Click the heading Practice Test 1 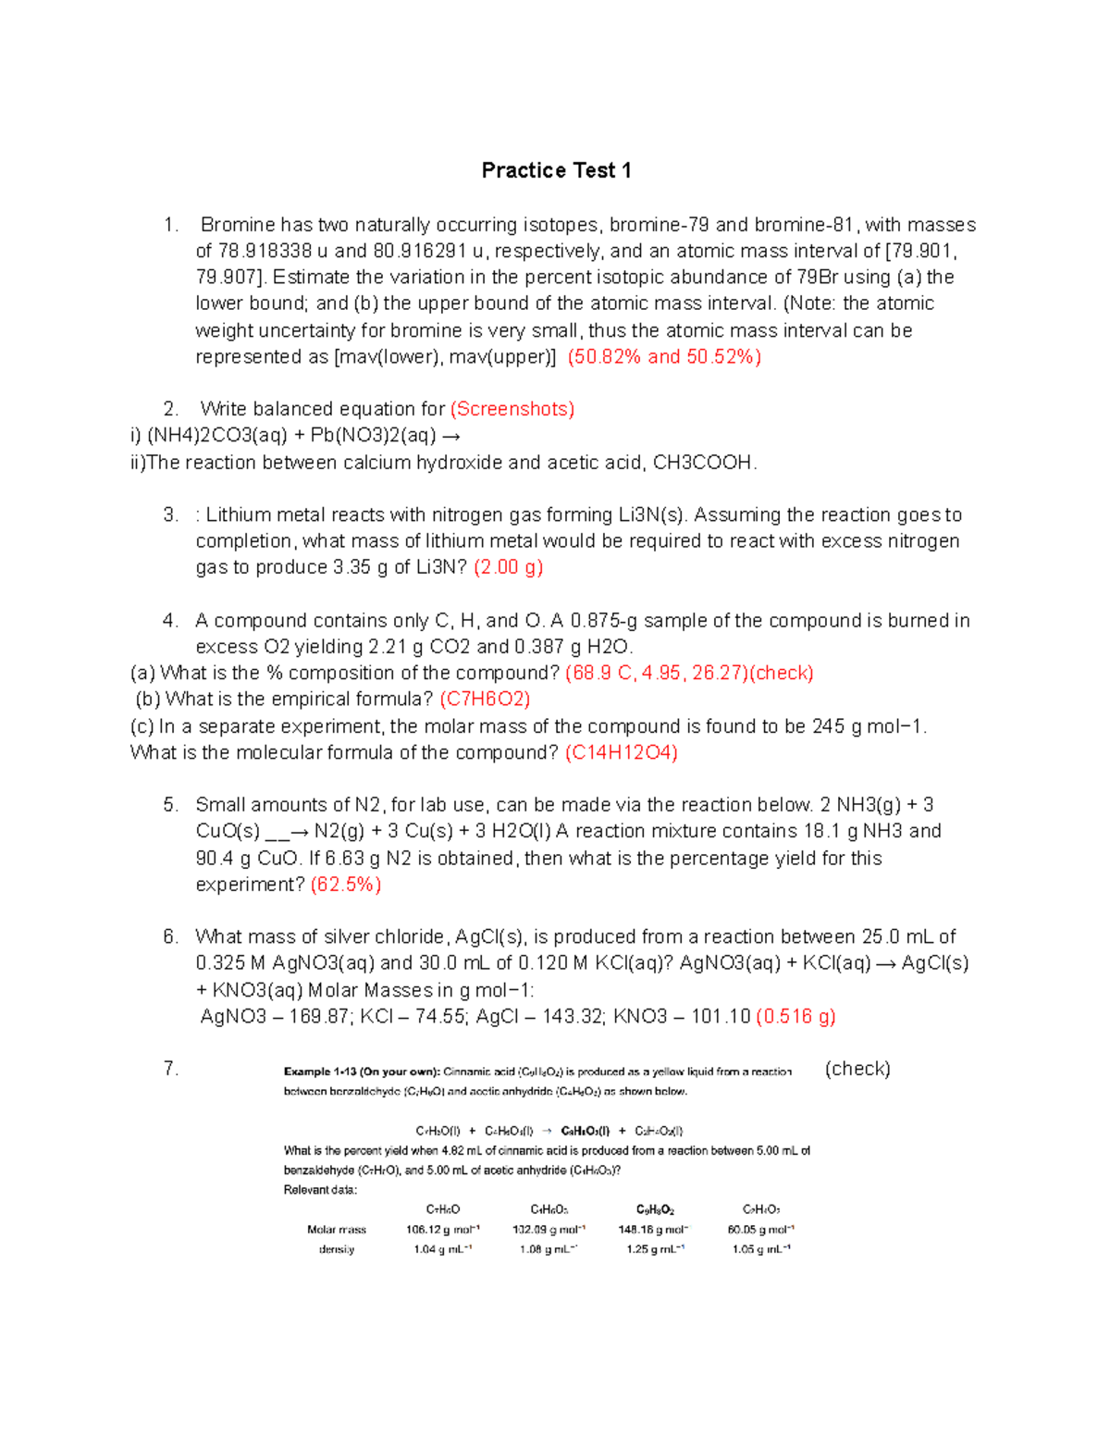pos(556,170)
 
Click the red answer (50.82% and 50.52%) pos(664,357)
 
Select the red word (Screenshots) pos(512,409)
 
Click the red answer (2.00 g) pos(508,567)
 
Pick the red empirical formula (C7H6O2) pos(485,700)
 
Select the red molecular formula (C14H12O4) pos(622,753)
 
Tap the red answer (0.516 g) pos(795,1017)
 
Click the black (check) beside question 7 pos(857,1069)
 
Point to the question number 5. pos(170,805)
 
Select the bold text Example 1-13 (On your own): pos(361,1072)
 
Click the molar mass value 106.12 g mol pos(442,1230)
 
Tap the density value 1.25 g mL pos(655,1249)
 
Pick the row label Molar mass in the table pos(337,1230)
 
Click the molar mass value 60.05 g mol pos(760,1230)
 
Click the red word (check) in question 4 pos(782,674)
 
